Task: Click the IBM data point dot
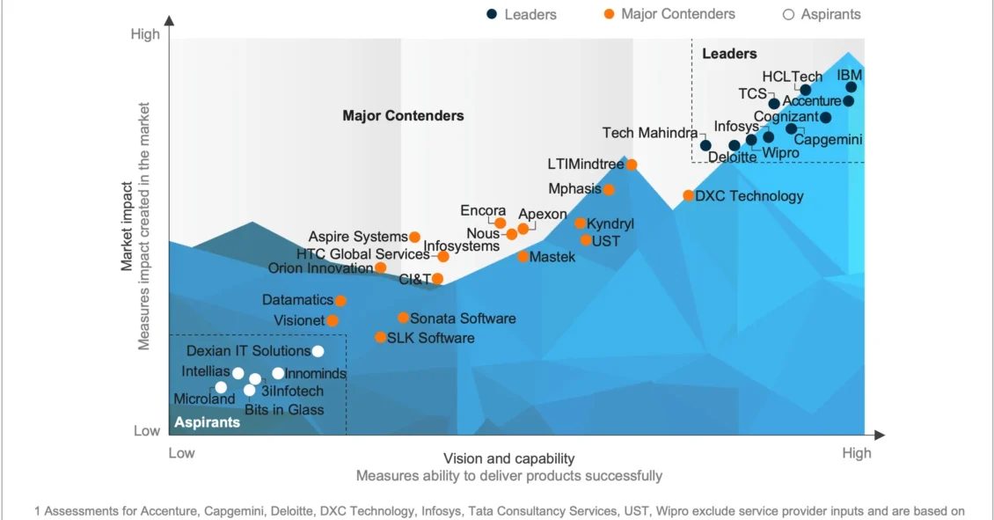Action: (x=851, y=87)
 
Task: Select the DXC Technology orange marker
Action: (x=689, y=195)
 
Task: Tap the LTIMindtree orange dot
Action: (x=632, y=165)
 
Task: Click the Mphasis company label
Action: (x=574, y=189)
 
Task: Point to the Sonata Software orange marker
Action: (x=403, y=318)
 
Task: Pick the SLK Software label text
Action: (x=431, y=338)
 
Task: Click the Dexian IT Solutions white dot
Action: (x=318, y=351)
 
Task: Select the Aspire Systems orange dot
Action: (x=415, y=237)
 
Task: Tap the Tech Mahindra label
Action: (x=650, y=133)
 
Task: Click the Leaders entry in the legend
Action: (x=522, y=14)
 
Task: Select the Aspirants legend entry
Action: (x=822, y=14)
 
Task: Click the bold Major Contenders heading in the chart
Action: (x=403, y=115)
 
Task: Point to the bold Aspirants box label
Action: (x=208, y=422)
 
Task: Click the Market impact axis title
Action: (x=128, y=226)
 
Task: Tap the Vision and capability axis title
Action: (x=508, y=458)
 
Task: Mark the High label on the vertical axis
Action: (x=145, y=34)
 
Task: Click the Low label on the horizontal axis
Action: (x=181, y=453)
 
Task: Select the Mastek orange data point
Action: (x=523, y=257)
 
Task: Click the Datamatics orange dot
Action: (x=340, y=301)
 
